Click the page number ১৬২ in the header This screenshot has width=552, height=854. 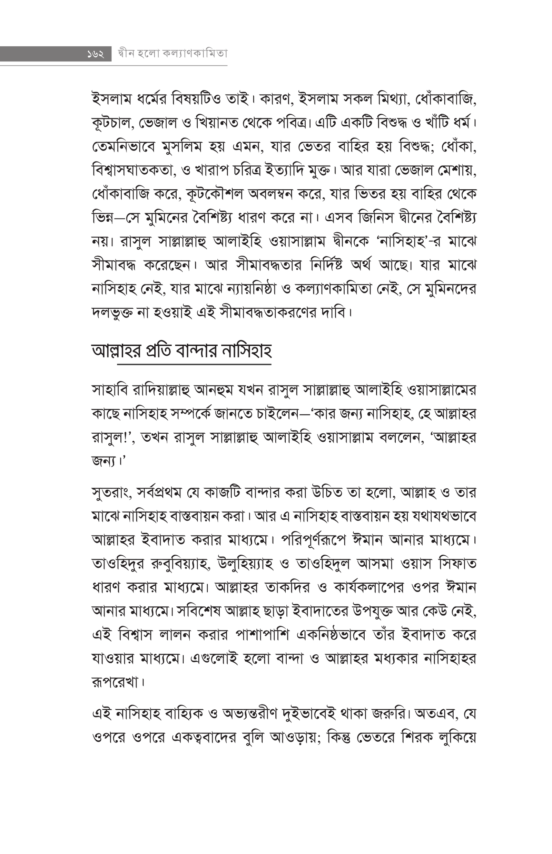click(95, 54)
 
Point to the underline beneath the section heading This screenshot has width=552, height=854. click(194, 364)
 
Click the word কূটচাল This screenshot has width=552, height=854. click(112, 123)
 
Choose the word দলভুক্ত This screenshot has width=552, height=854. click(112, 313)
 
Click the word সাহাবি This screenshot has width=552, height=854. click(108, 390)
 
